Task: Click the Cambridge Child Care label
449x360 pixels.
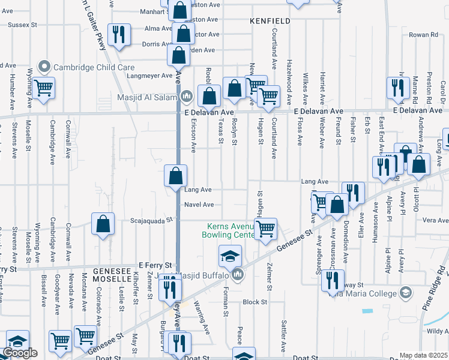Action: pyautogui.click(x=94, y=67)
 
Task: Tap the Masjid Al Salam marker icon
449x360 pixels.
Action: pyautogui.click(x=187, y=95)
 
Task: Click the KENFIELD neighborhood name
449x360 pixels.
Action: pyautogui.click(x=270, y=21)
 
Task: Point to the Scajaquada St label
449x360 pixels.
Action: pyautogui.click(x=152, y=220)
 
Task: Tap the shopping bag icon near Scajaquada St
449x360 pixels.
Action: pyautogui.click(x=103, y=224)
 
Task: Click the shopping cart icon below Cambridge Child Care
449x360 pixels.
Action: pyautogui.click(x=44, y=88)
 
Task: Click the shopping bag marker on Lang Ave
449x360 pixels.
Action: pyautogui.click(x=176, y=176)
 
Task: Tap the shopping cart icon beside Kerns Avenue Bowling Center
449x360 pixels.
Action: pyautogui.click(x=265, y=228)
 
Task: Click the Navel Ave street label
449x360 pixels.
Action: pyautogui.click(x=199, y=205)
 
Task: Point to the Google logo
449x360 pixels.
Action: pyautogui.click(x=20, y=353)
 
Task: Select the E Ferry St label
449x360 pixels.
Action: pyautogui.click(x=155, y=265)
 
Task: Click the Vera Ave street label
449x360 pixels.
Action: pyautogui.click(x=435, y=220)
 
